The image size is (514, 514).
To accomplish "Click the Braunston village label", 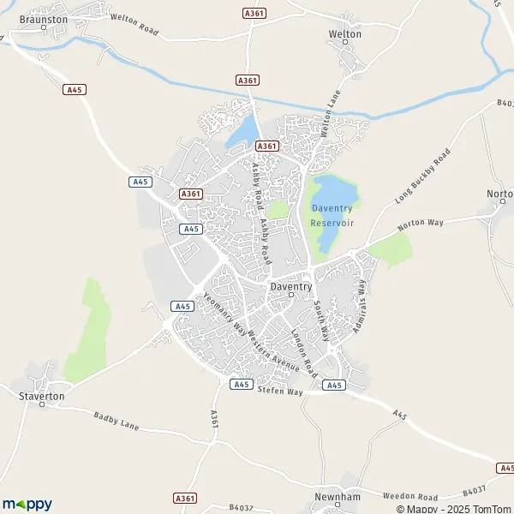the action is tap(44, 18).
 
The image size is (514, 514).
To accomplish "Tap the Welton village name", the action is tap(344, 34).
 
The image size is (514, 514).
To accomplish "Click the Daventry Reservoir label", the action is tap(332, 215).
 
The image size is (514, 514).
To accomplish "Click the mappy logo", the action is tap(27, 504).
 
